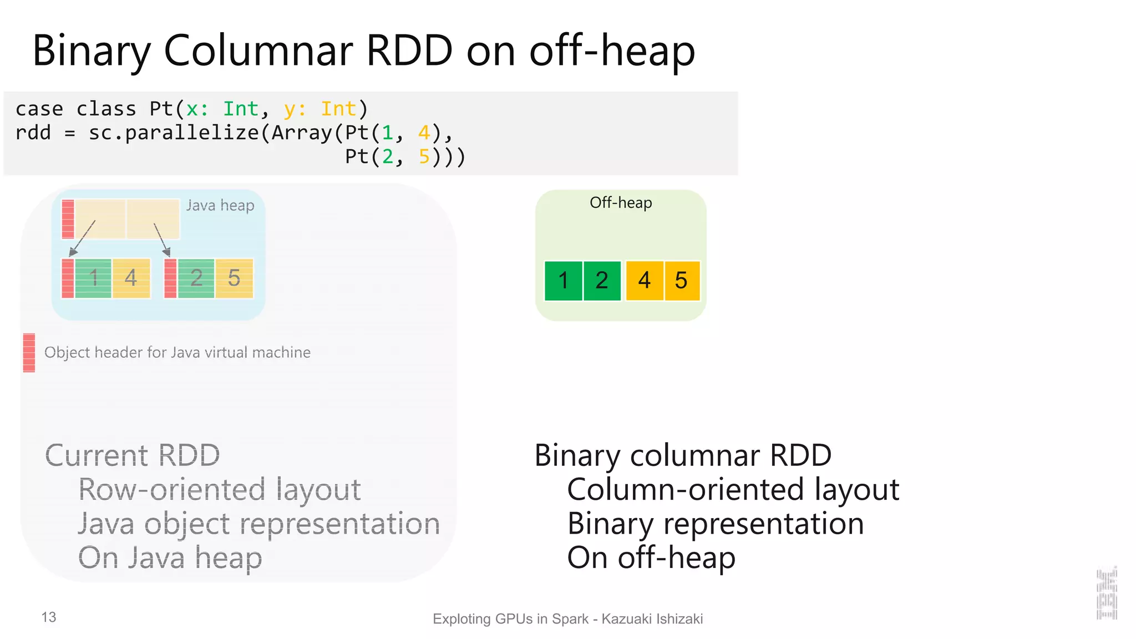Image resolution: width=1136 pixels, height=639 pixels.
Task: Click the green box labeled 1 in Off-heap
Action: click(x=563, y=281)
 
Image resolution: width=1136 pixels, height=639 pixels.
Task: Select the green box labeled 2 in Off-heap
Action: click(x=602, y=281)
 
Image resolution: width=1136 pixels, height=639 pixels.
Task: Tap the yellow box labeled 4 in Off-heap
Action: click(x=644, y=281)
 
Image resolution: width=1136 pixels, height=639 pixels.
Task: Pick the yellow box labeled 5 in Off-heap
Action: click(x=682, y=281)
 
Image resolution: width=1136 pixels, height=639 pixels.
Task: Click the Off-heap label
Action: click(x=621, y=203)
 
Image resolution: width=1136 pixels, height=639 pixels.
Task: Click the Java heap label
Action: click(x=220, y=205)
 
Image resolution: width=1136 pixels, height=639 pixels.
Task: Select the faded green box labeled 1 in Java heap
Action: click(x=93, y=278)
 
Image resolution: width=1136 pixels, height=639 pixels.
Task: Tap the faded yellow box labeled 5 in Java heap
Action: click(x=234, y=278)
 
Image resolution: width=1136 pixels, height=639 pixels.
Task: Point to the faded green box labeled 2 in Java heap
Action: click(x=196, y=278)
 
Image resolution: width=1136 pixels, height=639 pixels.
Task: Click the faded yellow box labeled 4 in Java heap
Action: click(x=131, y=278)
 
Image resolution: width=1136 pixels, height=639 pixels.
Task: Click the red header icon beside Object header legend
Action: click(x=29, y=352)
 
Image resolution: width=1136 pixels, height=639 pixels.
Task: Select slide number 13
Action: click(x=49, y=617)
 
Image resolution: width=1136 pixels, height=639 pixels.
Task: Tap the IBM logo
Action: click(x=1107, y=594)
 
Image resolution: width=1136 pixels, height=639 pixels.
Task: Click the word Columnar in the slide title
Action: click(x=258, y=51)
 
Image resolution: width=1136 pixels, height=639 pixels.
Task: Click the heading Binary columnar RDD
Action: click(x=683, y=455)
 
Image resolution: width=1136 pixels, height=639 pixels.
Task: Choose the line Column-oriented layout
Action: click(x=733, y=490)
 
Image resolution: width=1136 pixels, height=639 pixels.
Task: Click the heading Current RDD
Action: click(x=133, y=455)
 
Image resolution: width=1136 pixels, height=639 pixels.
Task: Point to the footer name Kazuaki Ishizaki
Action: click(x=652, y=619)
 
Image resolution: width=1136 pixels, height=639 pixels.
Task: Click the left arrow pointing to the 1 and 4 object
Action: click(x=83, y=237)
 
